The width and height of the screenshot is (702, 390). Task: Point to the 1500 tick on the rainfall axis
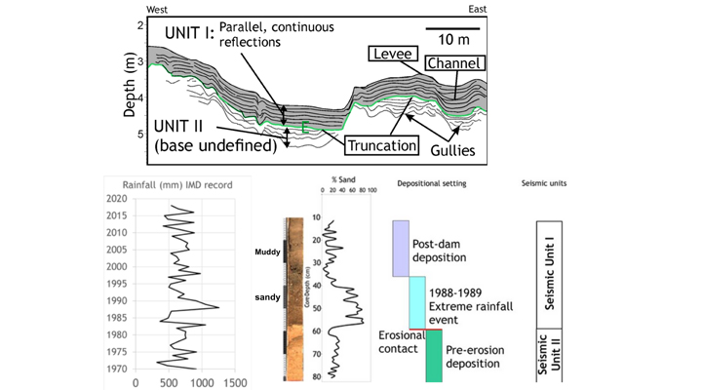click(234, 382)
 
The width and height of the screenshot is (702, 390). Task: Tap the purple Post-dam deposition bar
click(400, 248)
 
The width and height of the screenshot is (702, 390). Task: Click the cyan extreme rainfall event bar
click(416, 303)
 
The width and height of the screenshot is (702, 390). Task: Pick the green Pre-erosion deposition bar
click(433, 357)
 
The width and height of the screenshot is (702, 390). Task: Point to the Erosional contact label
click(401, 341)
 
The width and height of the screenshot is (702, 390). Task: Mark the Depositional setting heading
click(432, 184)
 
